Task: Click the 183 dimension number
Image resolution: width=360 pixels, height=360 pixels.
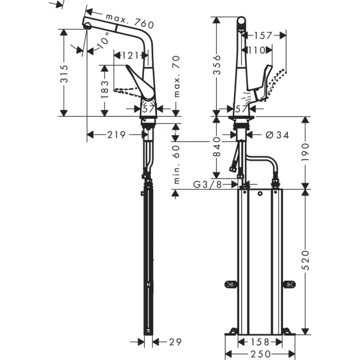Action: [x=105, y=90]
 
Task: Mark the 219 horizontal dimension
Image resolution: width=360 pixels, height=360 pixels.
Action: [x=116, y=135]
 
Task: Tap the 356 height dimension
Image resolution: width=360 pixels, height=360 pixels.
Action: [x=217, y=65]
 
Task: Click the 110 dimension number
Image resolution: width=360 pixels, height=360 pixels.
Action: [x=257, y=50]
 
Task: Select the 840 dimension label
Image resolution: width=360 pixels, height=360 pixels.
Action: [x=217, y=150]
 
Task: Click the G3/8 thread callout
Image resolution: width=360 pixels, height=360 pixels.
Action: [x=208, y=184]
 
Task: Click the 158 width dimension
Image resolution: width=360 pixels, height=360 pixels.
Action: [x=260, y=341]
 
